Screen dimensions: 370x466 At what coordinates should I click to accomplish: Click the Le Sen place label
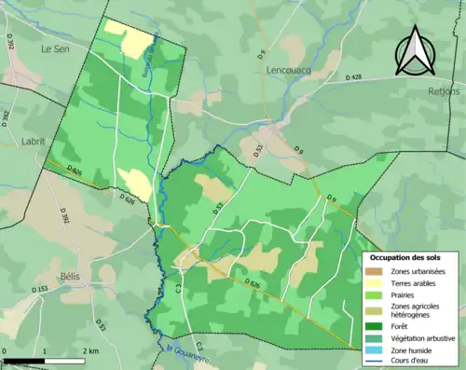(x=56, y=47)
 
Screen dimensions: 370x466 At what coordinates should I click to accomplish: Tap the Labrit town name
(x=33, y=142)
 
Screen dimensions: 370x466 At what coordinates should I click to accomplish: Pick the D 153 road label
(x=40, y=290)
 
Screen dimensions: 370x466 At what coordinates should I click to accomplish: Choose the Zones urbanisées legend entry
(x=418, y=271)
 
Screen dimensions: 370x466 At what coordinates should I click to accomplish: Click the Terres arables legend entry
(x=414, y=283)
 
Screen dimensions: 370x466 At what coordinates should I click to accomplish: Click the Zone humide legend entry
(x=411, y=350)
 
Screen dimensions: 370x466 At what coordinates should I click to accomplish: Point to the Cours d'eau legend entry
(x=411, y=362)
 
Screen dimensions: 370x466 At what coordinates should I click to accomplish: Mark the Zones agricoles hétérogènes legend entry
(x=416, y=310)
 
